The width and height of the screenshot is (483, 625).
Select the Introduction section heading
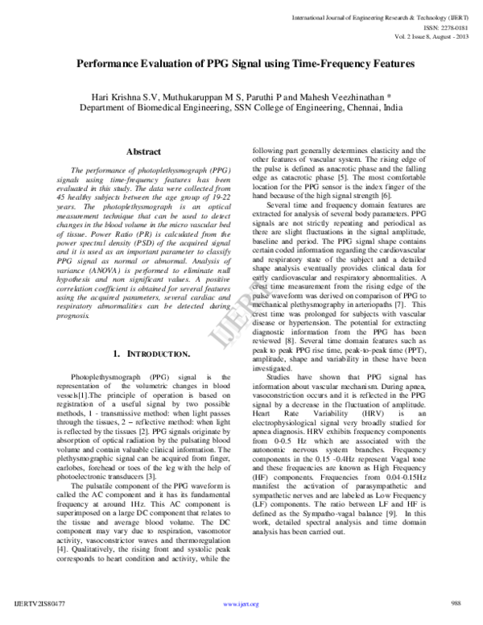pos(152,354)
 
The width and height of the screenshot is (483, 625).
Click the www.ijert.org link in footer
pos(241,603)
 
